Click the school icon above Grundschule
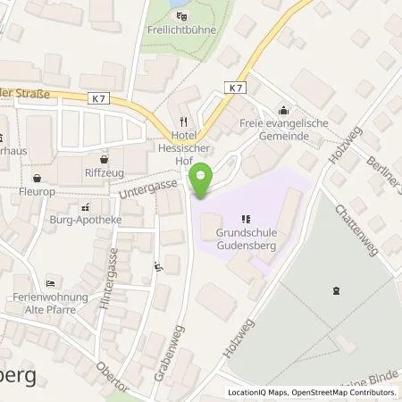(245, 218)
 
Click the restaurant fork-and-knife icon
(183, 121)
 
